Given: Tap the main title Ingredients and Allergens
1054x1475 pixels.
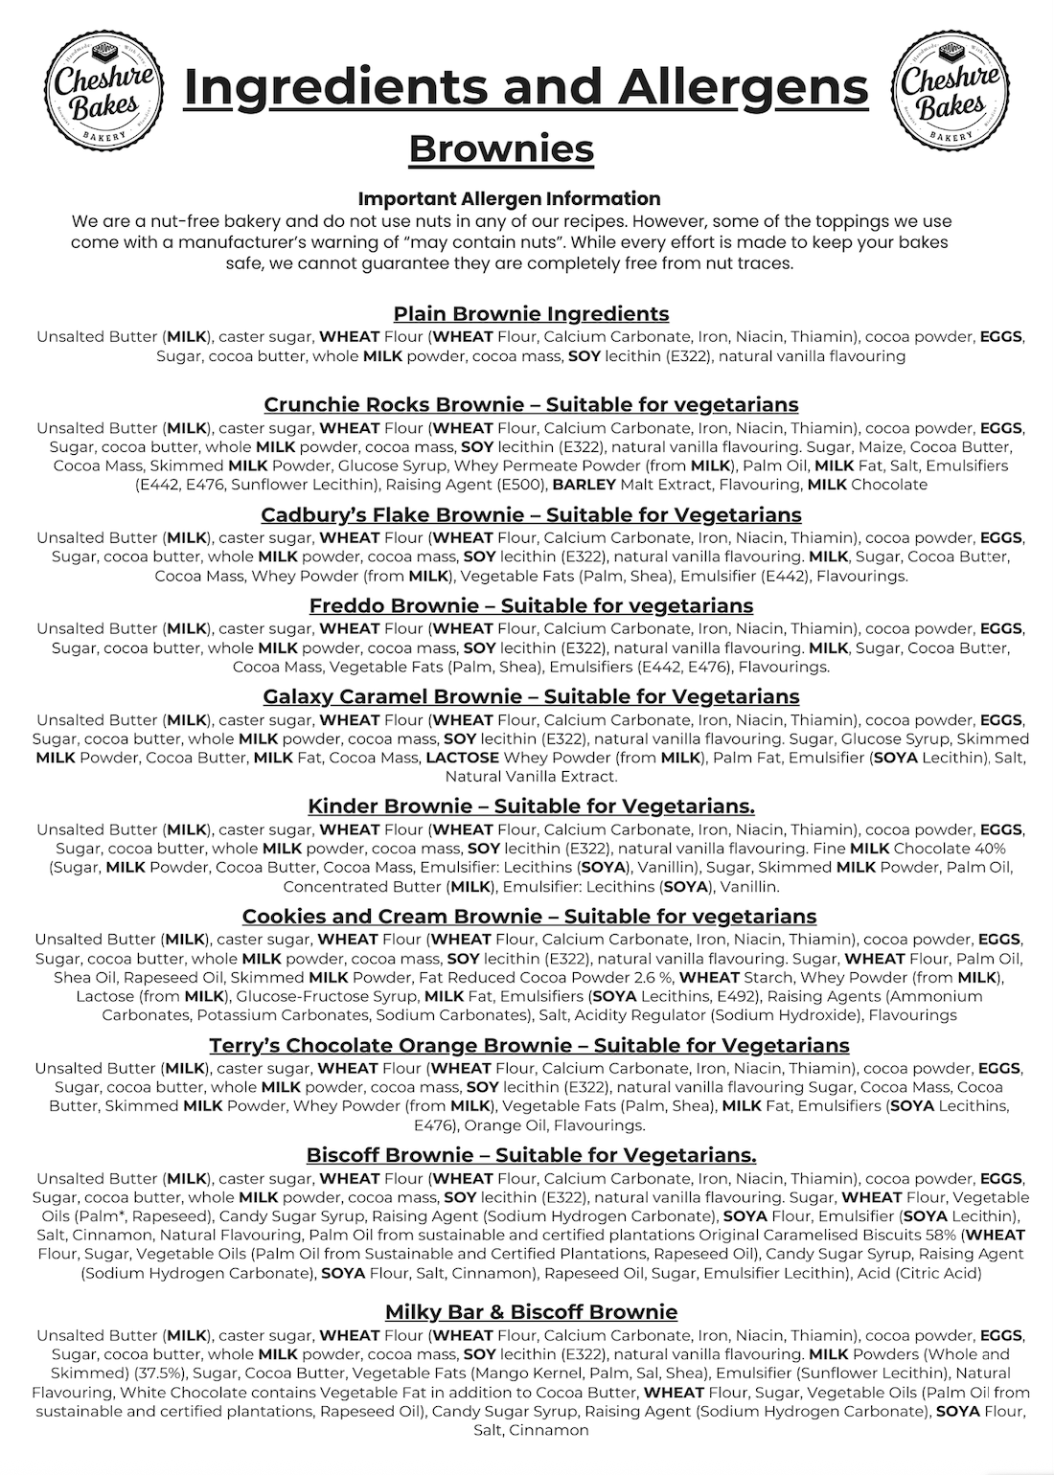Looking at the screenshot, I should point(526,86).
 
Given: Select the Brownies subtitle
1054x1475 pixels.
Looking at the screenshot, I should point(501,148).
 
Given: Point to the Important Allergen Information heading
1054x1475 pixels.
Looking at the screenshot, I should point(509,198).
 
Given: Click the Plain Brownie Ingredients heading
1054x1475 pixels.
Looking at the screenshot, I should point(531,313).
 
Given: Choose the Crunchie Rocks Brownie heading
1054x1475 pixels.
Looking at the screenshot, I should point(531,404).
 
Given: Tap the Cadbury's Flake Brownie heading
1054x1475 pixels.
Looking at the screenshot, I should point(531,514).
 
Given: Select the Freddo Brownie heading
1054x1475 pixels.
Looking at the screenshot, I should point(531,605).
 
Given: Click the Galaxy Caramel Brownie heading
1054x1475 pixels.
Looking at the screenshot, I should point(531,696).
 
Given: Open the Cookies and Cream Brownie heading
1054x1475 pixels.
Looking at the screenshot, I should point(529,916).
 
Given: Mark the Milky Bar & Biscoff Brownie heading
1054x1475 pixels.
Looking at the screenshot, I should point(531,1311).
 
